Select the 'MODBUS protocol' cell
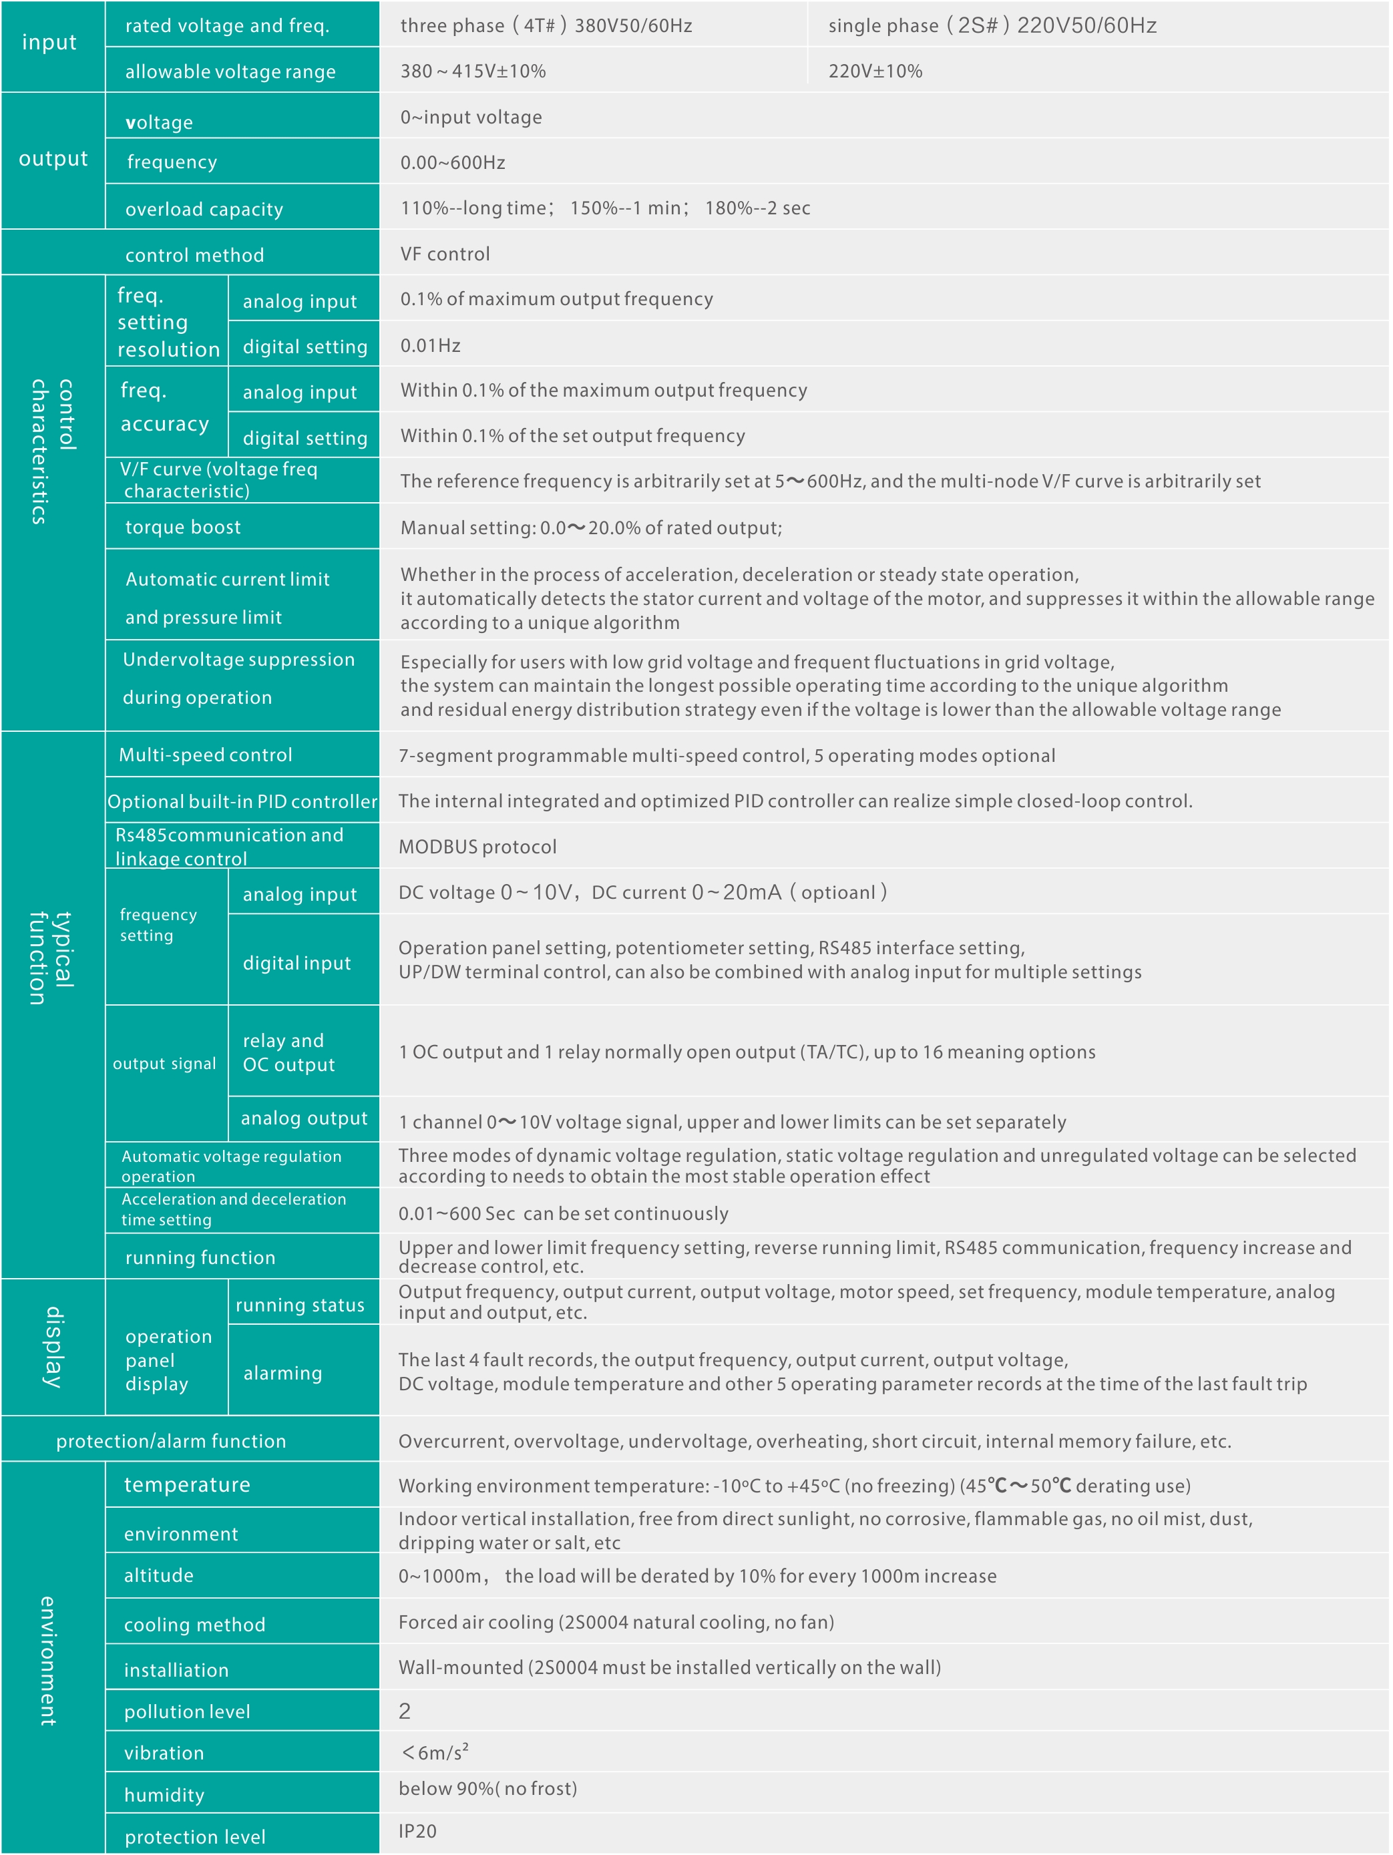pyautogui.click(x=477, y=846)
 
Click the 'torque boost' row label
pyautogui.click(x=183, y=527)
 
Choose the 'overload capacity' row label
pyautogui.click(x=204, y=209)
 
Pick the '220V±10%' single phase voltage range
pyautogui.click(x=875, y=71)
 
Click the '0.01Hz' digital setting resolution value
pyautogui.click(x=430, y=345)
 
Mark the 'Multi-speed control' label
pyautogui.click(x=206, y=755)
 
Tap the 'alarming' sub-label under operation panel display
pyautogui.click(x=282, y=1373)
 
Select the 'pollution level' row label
pyautogui.click(x=187, y=1711)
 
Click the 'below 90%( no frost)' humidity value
pyautogui.click(x=488, y=1788)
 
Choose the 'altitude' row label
pyautogui.click(x=158, y=1575)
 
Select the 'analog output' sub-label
pyautogui.click(x=304, y=1118)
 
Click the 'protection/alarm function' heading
pyautogui.click(x=171, y=1441)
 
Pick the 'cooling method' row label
pyautogui.click(x=194, y=1625)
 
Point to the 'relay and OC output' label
pyautogui.click(x=288, y=1052)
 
